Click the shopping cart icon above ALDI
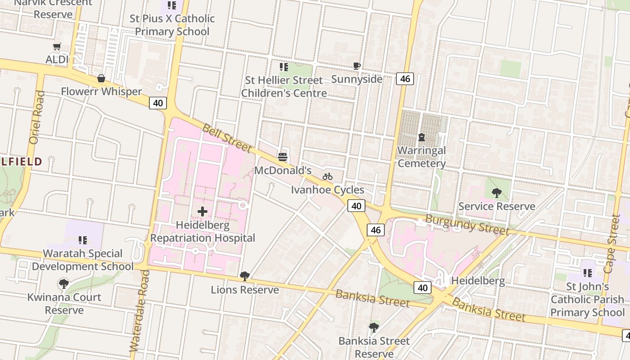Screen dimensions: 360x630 [57, 46]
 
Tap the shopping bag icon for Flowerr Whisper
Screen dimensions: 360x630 [101, 79]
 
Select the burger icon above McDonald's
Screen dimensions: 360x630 [283, 157]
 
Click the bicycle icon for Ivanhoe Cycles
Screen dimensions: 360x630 [328, 176]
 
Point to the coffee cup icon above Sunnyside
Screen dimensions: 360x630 [357, 66]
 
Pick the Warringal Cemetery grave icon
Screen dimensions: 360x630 [422, 137]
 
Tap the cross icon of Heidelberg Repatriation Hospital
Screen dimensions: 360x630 [202, 211]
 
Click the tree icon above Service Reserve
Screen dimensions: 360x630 [497, 193]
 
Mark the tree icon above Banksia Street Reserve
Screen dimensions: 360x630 [374, 327]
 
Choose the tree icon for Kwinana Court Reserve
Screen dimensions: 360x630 [64, 283]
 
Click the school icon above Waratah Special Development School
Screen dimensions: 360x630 [83, 240]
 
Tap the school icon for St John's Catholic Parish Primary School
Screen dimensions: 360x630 [587, 273]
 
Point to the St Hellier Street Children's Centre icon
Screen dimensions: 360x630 [284, 67]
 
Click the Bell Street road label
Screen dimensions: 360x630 [227, 138]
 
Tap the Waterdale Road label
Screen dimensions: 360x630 [139, 310]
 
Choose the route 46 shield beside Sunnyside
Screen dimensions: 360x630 [405, 79]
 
